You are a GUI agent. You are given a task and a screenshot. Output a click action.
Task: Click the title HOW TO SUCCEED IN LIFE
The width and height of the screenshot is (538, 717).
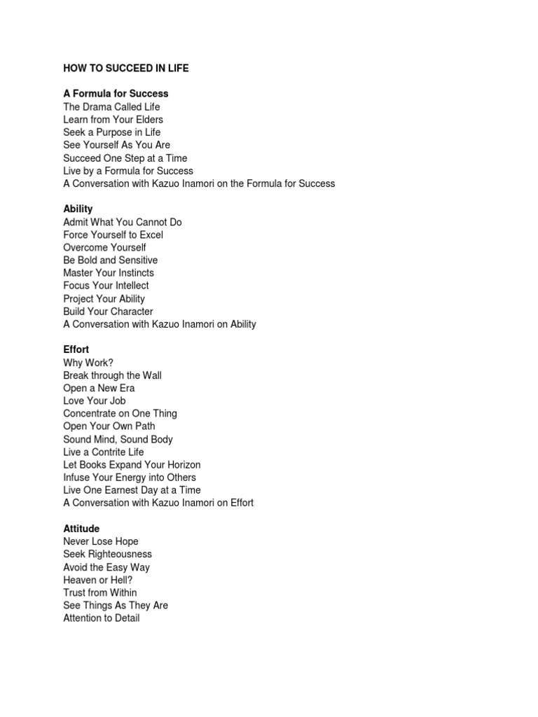(x=126, y=69)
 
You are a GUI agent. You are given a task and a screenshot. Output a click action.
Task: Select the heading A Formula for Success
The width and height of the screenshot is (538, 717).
(x=116, y=93)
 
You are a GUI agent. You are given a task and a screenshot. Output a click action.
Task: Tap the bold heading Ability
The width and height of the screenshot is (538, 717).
(x=78, y=209)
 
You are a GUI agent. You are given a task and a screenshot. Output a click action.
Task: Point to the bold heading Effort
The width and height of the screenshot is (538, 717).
(x=76, y=349)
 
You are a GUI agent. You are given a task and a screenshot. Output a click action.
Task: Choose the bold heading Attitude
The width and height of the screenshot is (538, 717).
(x=81, y=529)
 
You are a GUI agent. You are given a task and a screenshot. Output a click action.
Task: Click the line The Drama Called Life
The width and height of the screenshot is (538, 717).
(x=111, y=107)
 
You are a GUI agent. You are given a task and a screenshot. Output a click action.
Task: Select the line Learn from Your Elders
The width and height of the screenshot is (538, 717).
(x=113, y=120)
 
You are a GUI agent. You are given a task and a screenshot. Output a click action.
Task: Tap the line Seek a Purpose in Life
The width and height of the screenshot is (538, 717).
(x=112, y=132)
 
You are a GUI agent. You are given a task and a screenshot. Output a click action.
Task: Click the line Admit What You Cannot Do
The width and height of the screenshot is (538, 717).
(x=123, y=222)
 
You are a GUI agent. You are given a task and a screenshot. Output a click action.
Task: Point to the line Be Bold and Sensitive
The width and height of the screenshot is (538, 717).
(x=111, y=260)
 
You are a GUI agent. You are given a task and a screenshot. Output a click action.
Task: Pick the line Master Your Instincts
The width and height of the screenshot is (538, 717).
(x=109, y=273)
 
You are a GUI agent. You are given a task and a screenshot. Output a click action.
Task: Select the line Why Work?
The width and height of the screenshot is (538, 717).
(x=88, y=363)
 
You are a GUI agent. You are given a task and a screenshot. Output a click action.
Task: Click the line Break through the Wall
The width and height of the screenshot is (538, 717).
(x=112, y=375)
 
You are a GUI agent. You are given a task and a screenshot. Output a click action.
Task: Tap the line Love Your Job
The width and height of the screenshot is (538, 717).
(x=95, y=401)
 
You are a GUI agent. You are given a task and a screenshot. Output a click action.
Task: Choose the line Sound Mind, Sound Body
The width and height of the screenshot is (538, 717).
(x=118, y=439)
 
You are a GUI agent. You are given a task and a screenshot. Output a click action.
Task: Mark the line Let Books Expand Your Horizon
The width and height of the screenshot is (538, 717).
(x=132, y=465)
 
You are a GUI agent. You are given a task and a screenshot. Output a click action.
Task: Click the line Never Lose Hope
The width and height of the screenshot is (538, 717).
(x=101, y=541)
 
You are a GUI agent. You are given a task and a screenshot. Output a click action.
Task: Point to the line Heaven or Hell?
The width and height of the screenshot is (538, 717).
(x=98, y=580)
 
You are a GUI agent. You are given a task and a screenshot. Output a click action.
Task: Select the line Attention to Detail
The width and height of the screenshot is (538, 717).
(x=102, y=618)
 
